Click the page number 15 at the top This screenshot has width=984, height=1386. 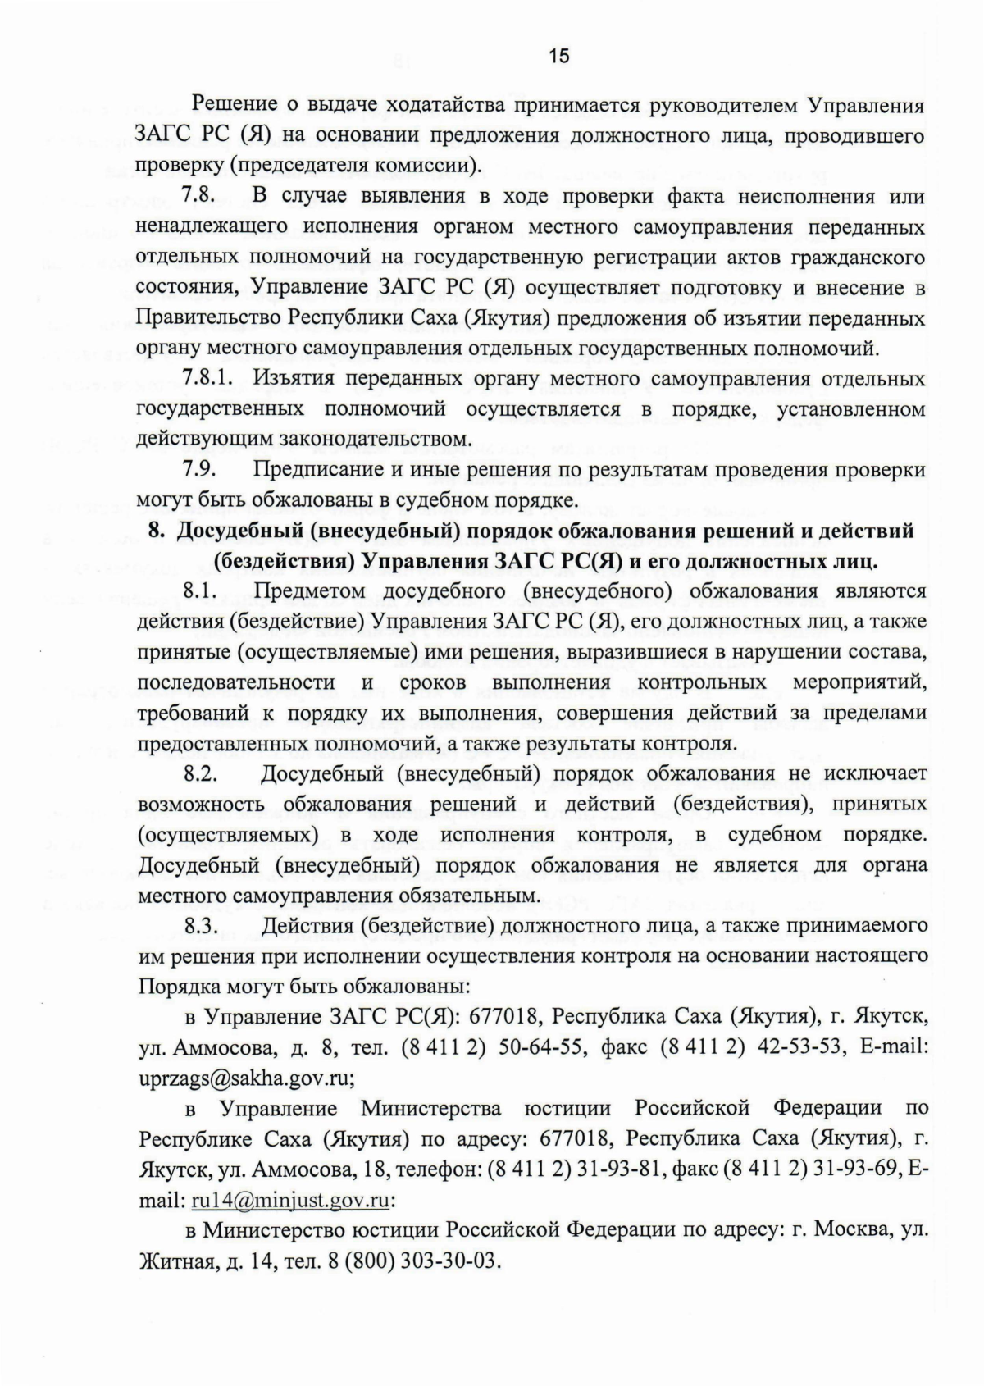[558, 56]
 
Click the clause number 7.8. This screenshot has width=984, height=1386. [198, 197]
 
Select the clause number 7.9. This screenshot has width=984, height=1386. [198, 470]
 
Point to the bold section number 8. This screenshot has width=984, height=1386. [157, 531]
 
